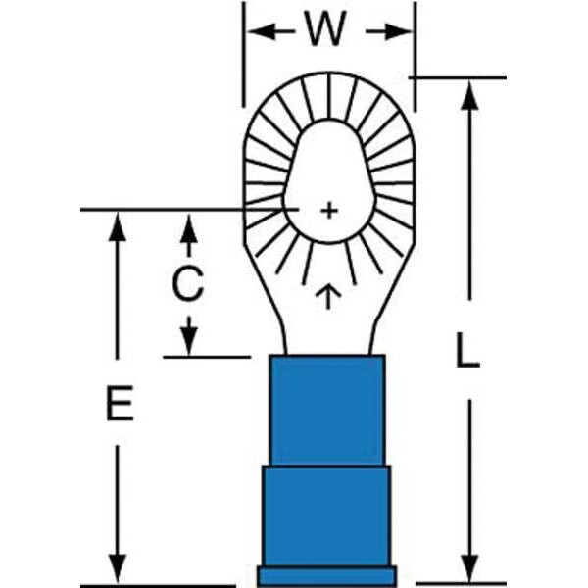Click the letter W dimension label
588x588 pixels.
pos(325,30)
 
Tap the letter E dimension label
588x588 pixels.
pos(120,404)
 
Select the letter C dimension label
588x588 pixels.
pos(187,284)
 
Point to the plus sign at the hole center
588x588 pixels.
pos(329,209)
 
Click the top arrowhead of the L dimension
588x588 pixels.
pos(469,93)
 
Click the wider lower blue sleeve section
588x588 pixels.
pos(326,515)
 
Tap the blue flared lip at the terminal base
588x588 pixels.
pos(326,575)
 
